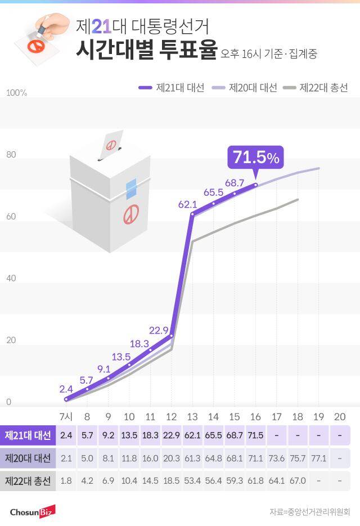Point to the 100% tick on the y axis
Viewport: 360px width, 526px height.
coord(16,92)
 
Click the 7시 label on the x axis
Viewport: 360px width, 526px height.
coord(66,416)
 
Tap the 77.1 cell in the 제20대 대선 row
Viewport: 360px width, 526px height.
coord(319,458)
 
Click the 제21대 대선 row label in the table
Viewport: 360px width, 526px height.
coord(28,435)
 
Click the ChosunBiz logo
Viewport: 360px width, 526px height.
coord(32,511)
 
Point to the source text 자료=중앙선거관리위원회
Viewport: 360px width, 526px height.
coord(309,512)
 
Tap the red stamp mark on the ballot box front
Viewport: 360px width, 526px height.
coord(132,214)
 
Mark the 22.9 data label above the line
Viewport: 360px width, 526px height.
coord(159,330)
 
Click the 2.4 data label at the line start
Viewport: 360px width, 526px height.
coord(66,389)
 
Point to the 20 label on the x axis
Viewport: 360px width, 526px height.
coord(340,416)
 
